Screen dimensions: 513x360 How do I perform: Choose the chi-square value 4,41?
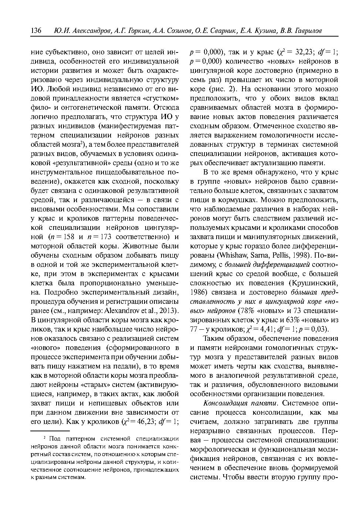click(264, 329)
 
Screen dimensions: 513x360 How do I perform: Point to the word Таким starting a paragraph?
click(214, 338)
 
